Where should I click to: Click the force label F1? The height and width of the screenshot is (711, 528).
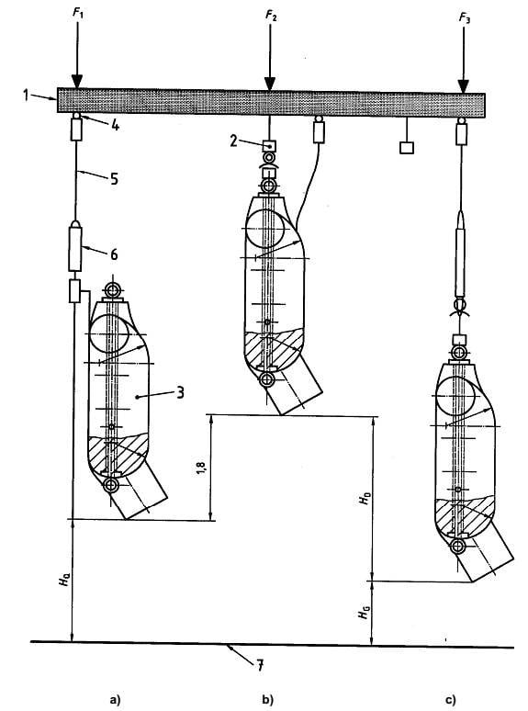(x=78, y=13)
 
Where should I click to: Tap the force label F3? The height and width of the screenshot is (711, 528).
(x=465, y=17)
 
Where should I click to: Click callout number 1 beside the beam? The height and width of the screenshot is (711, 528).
(x=27, y=96)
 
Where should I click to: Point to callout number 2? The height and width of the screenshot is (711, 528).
(x=233, y=141)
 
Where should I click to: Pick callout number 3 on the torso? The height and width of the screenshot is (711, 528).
(x=180, y=391)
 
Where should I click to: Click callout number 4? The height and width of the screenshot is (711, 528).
(x=115, y=125)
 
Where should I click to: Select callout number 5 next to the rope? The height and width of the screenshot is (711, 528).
(x=114, y=178)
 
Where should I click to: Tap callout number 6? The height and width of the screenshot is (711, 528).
(x=114, y=254)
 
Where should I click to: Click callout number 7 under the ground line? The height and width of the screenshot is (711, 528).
(x=260, y=665)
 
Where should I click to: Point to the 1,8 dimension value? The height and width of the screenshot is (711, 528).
(x=201, y=468)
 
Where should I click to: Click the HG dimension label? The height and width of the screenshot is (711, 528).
(x=364, y=612)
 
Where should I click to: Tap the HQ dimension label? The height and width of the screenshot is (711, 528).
(x=64, y=580)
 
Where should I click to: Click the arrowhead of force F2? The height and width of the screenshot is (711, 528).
(x=270, y=84)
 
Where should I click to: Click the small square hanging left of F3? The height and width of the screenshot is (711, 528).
(x=407, y=148)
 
